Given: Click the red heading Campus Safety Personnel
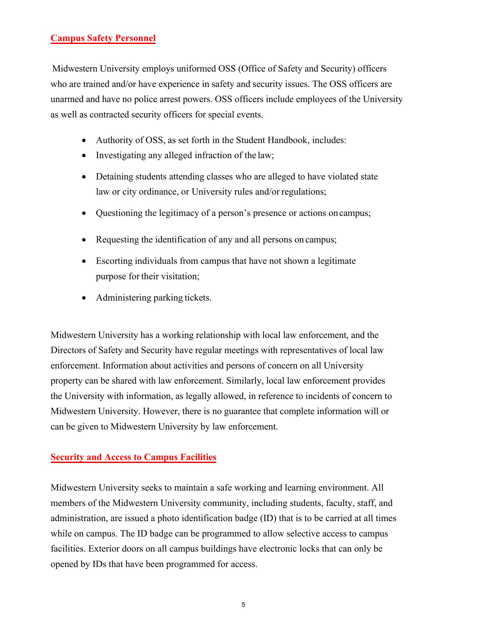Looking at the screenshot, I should [103, 38].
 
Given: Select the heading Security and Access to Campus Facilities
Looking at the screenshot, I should [133, 457].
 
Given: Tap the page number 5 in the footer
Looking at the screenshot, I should [243, 604].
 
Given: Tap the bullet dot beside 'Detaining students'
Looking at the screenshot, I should [85, 177].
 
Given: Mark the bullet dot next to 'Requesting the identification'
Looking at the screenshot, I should [85, 240].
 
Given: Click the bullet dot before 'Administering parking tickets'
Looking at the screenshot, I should [85, 298].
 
